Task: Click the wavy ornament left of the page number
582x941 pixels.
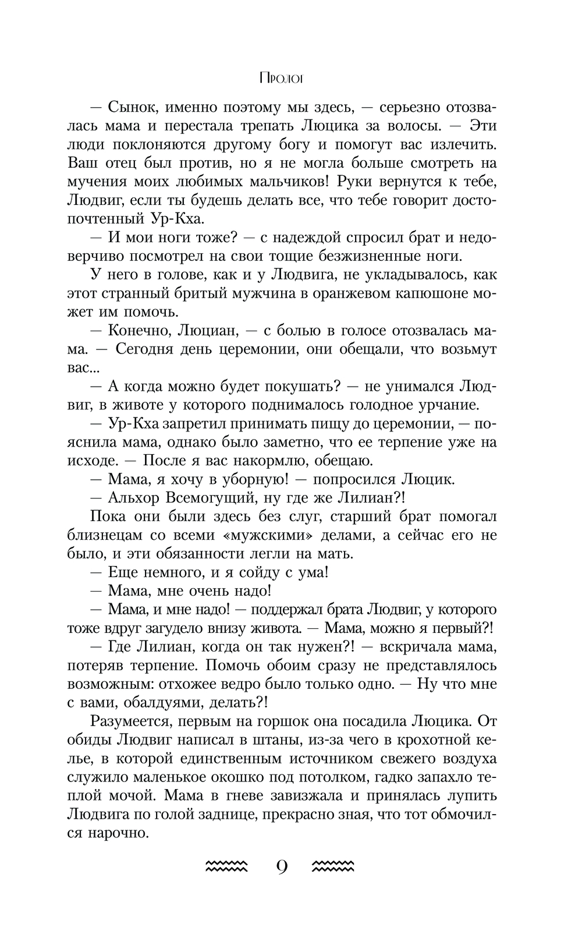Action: click(x=228, y=867)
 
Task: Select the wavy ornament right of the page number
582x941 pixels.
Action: click(x=333, y=867)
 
